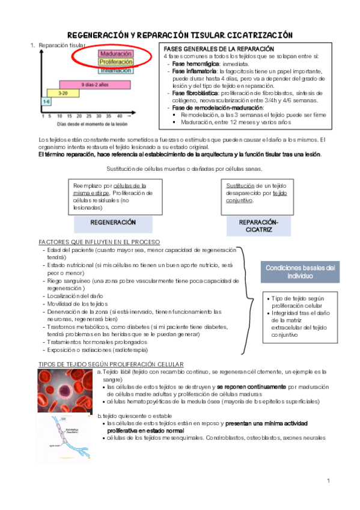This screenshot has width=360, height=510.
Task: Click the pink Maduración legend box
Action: pyautogui.click(x=116, y=54)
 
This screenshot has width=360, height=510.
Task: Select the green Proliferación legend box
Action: pyautogui.click(x=116, y=62)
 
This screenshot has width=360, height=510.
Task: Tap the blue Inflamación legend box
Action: pyautogui.click(x=116, y=70)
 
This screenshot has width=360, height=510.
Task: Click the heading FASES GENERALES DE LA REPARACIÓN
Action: pyautogui.click(x=219, y=48)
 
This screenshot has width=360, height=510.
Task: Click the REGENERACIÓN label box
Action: pyautogui.click(x=112, y=223)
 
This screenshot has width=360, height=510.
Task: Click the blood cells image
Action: pyautogui.click(x=64, y=391)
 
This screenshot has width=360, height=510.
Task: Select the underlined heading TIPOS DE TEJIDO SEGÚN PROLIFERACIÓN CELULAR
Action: pyautogui.click(x=111, y=364)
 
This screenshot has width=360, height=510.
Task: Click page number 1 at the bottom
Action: pyautogui.click(x=329, y=481)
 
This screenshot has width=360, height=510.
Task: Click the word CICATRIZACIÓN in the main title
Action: pyautogui.click(x=261, y=35)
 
